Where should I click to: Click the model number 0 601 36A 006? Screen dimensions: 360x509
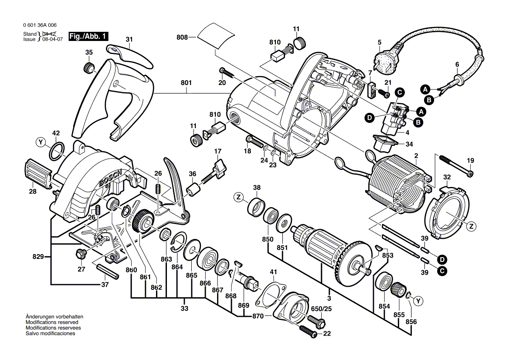pos(40,25)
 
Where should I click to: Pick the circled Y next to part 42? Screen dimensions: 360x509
pos(41,142)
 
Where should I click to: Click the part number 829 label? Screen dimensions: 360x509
pos(38,257)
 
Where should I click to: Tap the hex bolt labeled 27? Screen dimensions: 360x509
pos(80,253)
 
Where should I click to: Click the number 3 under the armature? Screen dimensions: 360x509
pos(329,298)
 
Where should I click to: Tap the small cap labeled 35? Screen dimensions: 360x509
pos(89,68)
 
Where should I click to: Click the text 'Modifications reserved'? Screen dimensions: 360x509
pos(50,322)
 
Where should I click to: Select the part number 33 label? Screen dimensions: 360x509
pos(184,309)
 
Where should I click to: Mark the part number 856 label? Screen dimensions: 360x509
pos(411,322)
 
